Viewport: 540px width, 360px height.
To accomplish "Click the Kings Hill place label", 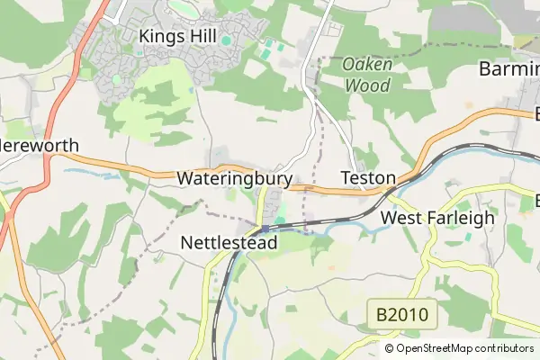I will [180, 35].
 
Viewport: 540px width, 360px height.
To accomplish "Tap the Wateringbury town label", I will [234, 179].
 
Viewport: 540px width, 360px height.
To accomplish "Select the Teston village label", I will [368, 178].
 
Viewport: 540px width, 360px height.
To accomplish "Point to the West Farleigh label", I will [438, 218].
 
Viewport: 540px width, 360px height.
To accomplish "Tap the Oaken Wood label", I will [366, 76].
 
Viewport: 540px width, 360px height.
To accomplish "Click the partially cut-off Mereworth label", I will [40, 146].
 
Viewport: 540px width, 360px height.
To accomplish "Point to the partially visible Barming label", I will [508, 69].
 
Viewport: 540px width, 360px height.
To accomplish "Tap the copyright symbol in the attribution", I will [390, 348].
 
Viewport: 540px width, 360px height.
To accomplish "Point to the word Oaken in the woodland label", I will [366, 66].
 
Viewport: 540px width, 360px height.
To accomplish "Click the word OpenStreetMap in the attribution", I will [434, 348].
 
